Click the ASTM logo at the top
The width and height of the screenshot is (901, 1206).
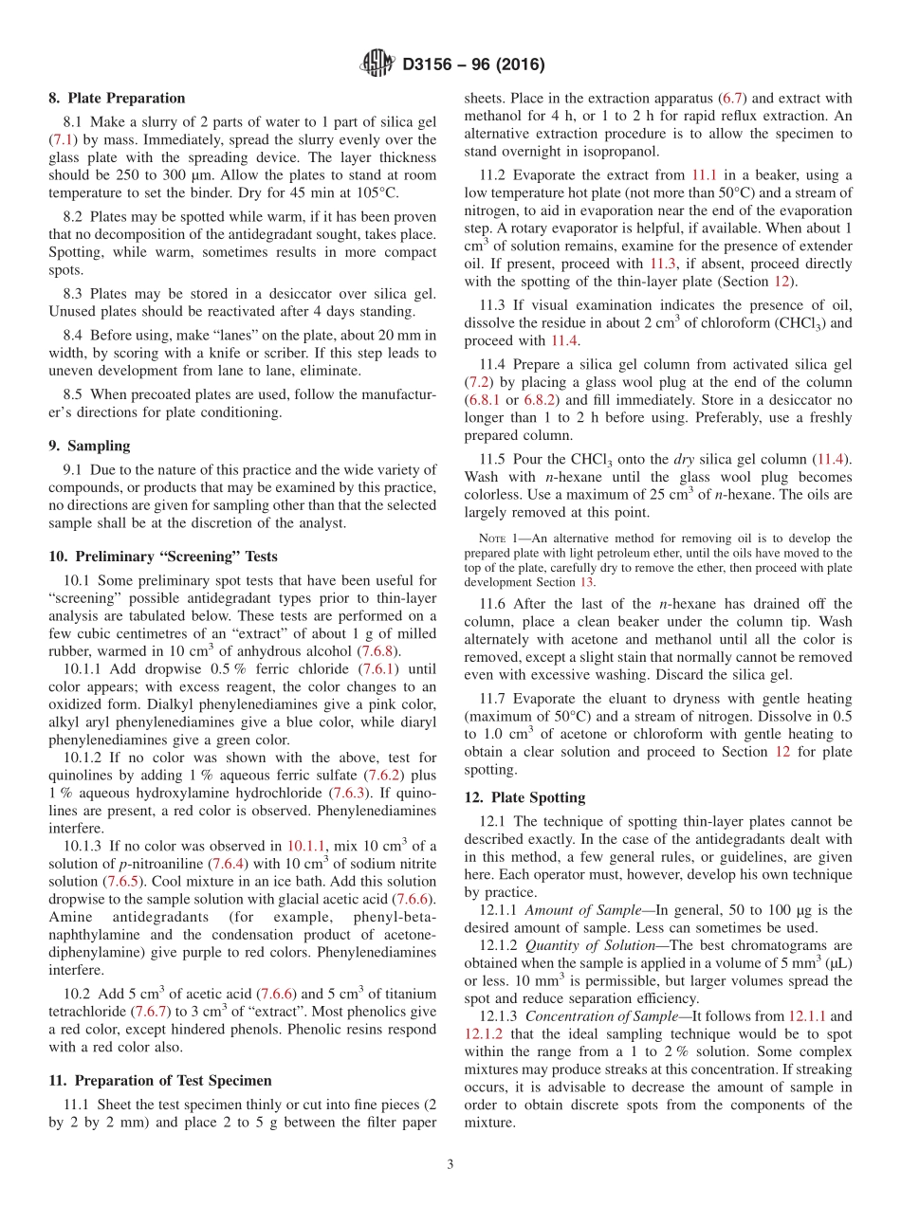coord(377,64)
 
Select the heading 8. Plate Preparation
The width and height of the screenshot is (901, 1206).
coord(117,98)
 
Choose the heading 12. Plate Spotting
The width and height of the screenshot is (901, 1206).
coord(524,797)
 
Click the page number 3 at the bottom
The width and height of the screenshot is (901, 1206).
coord(450,1164)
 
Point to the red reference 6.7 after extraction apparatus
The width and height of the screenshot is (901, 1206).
coord(735,98)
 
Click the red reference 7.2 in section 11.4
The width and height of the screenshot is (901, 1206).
coord(478,381)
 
